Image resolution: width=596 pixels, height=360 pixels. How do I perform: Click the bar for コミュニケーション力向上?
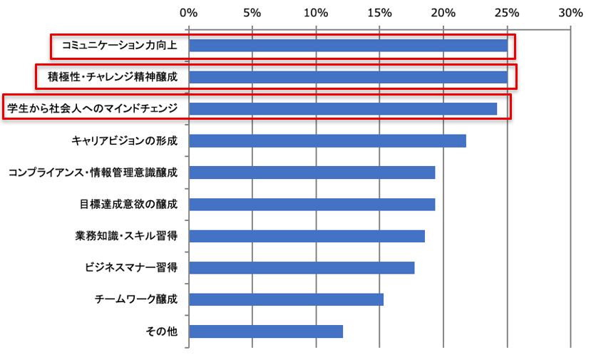[348, 46]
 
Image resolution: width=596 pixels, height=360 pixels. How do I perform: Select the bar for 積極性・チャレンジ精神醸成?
[348, 77]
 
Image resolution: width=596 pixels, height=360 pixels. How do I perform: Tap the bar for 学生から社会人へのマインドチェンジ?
[343, 108]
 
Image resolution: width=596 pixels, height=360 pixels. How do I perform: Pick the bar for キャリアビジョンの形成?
[327, 140]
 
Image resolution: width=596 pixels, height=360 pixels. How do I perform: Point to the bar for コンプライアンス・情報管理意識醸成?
[312, 173]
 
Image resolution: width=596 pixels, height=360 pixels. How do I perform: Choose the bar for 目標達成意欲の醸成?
[312, 205]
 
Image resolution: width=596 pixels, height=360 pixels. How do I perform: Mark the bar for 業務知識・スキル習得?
[307, 236]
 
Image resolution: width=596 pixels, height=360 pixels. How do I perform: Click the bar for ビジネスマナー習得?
[302, 268]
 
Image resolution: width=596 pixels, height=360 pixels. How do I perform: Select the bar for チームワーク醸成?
[286, 299]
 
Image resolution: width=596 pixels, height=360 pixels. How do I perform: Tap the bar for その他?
[266, 331]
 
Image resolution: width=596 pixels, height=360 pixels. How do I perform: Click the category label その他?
[161, 331]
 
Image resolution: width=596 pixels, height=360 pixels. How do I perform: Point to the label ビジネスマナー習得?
[130, 268]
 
